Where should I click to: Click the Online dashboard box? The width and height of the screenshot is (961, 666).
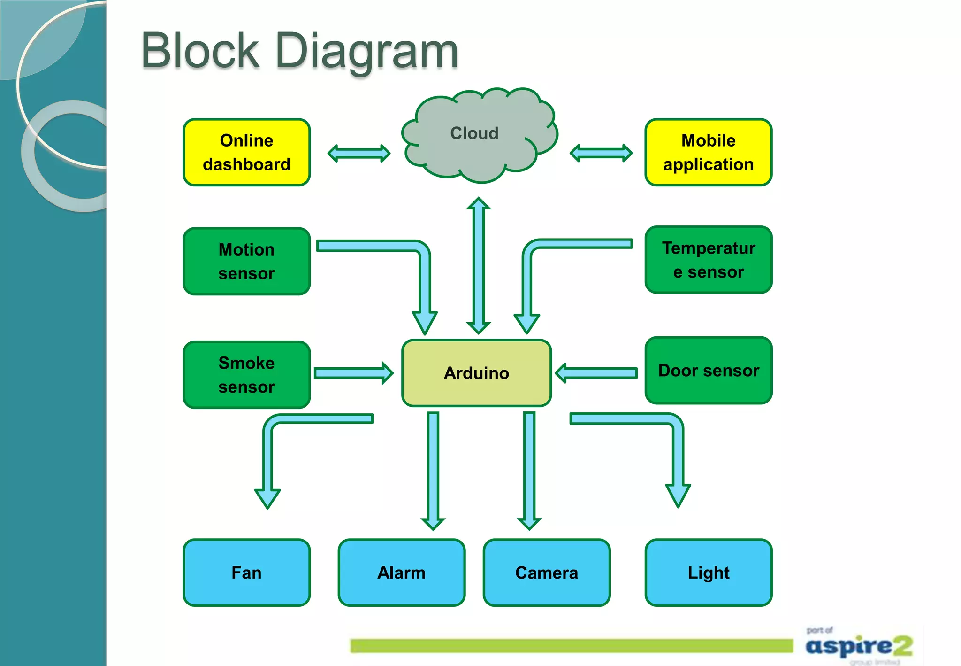point(246,152)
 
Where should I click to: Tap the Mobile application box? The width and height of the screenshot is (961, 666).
point(708,152)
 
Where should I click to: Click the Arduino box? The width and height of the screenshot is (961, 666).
point(476,373)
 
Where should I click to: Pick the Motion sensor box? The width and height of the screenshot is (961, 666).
point(246,261)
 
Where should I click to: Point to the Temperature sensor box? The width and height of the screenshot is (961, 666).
point(708,260)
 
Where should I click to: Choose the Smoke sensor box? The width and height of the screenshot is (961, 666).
point(246,374)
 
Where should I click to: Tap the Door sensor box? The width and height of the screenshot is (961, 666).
point(708,370)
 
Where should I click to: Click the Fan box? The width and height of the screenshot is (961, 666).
point(246,573)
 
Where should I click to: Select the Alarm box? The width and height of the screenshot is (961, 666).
point(401,573)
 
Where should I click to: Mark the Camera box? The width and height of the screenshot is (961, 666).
point(546,573)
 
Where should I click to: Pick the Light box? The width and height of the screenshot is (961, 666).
point(708,573)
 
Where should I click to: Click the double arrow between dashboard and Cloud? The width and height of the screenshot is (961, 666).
point(359,153)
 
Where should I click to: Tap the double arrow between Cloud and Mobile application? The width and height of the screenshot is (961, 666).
point(601,153)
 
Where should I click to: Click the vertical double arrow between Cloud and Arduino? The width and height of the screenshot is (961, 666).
point(478,265)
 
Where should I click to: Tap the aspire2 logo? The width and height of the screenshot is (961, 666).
point(859,646)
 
